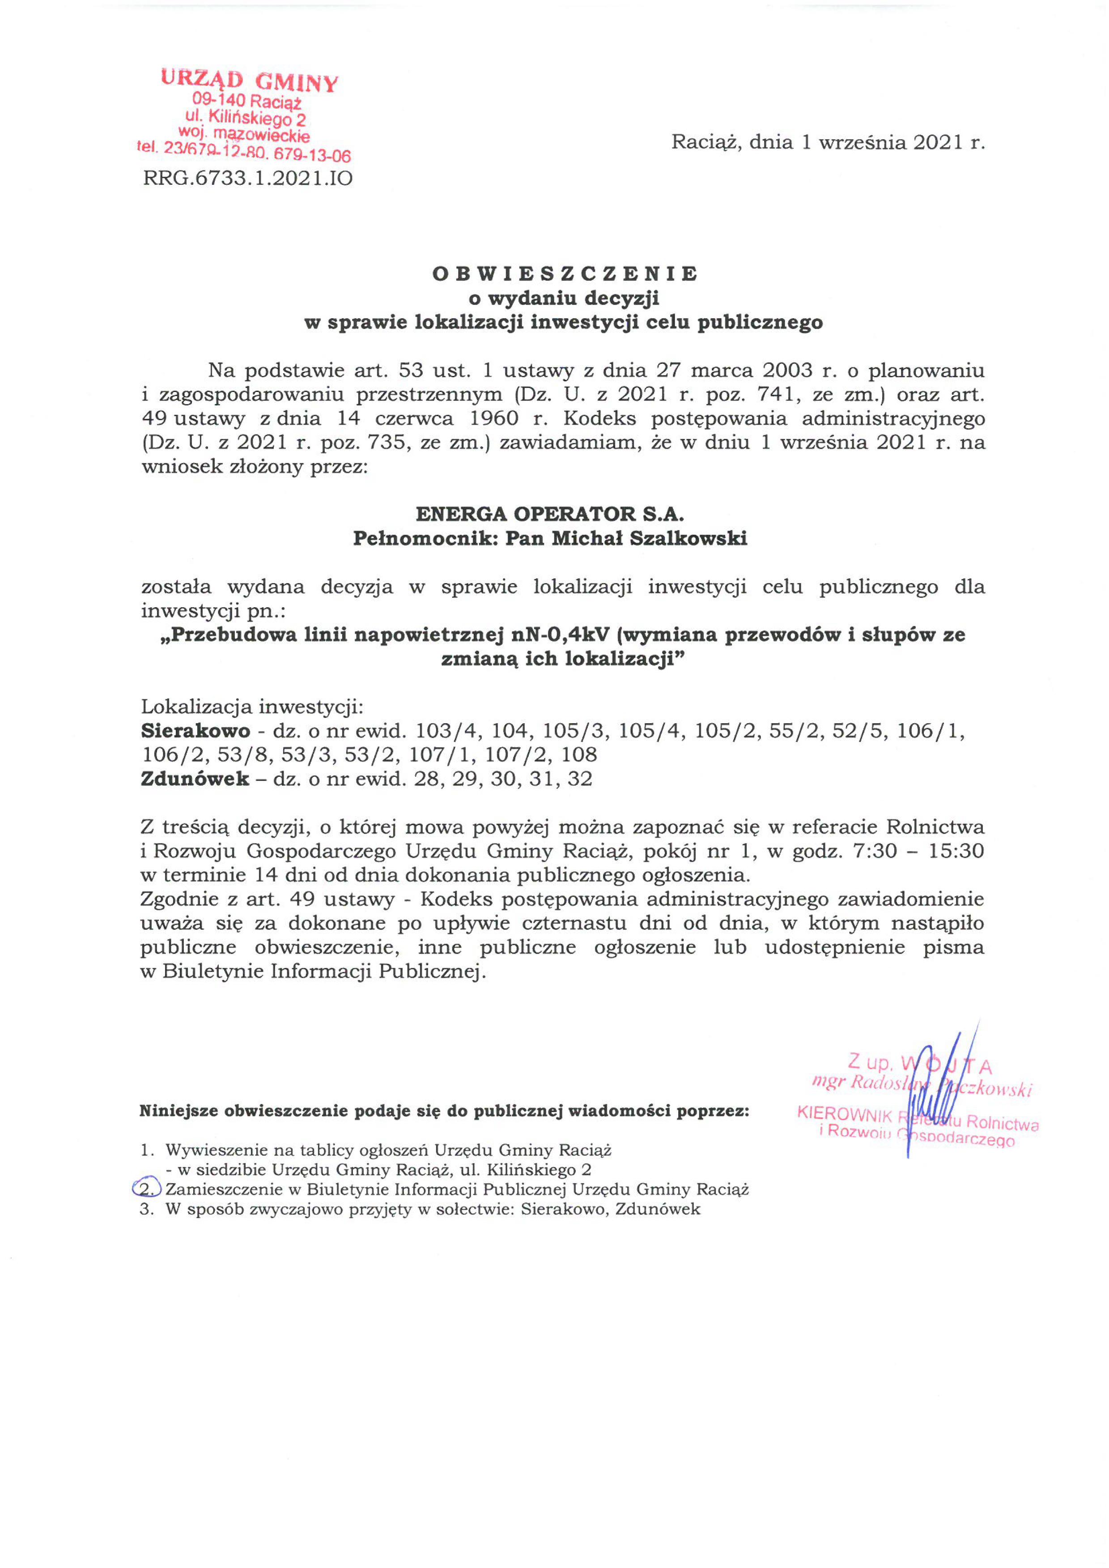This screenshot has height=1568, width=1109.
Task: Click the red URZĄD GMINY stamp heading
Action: [249, 81]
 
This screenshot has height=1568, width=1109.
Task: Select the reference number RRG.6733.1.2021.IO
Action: [247, 179]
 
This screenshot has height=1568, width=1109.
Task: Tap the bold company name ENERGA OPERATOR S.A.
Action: [550, 514]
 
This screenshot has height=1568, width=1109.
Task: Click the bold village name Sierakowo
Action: [195, 731]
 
